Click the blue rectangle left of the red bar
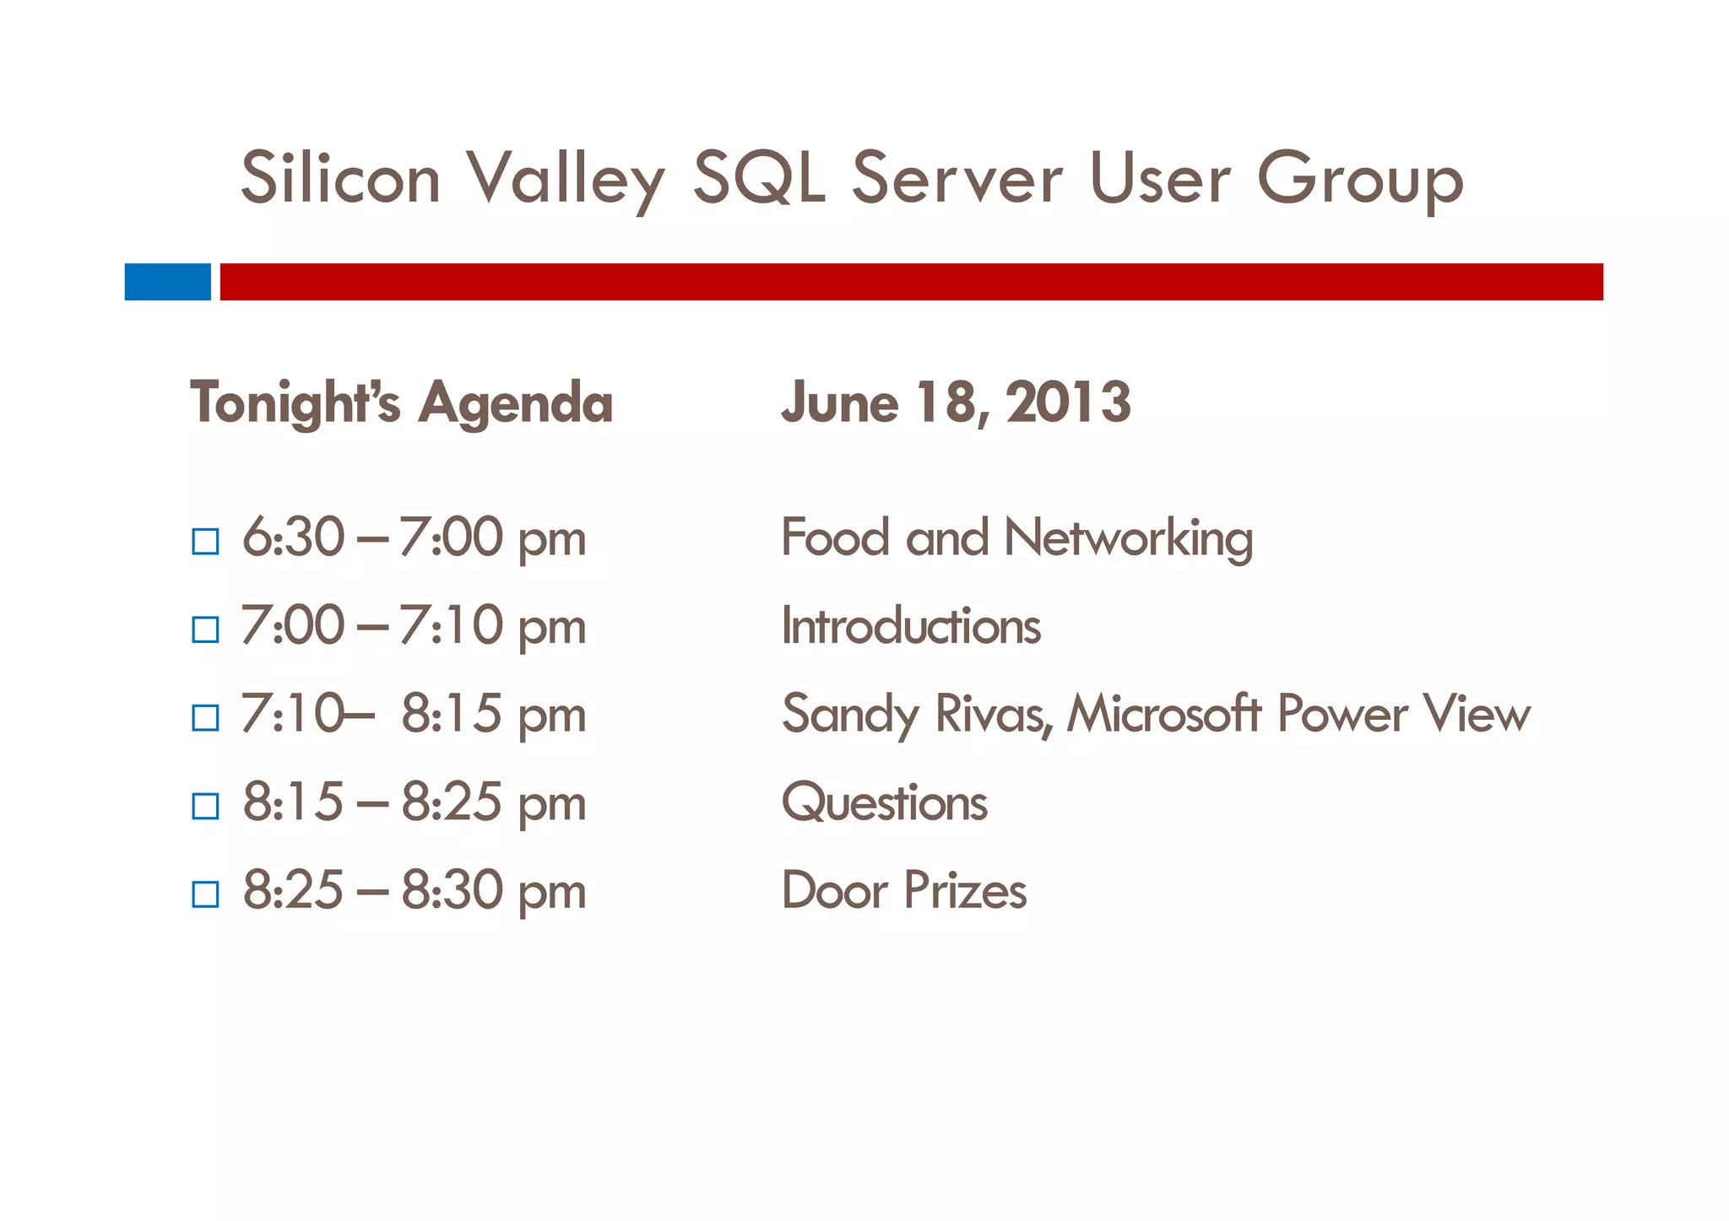tap(167, 282)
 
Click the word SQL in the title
tap(758, 178)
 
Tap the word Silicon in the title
tap(340, 178)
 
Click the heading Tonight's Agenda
tap(401, 403)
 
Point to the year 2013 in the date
tap(1068, 402)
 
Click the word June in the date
tap(839, 402)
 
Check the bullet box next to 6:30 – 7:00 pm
tap(205, 541)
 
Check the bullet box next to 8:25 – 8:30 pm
tap(205, 894)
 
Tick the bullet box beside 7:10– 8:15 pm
tap(205, 717)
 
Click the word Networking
tap(1128, 538)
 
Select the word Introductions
tap(910, 626)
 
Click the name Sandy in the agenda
tap(848, 716)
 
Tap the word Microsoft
tap(1164, 714)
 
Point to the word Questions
tap(884, 802)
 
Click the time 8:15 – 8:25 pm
tap(414, 802)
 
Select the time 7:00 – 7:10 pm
tap(413, 626)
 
